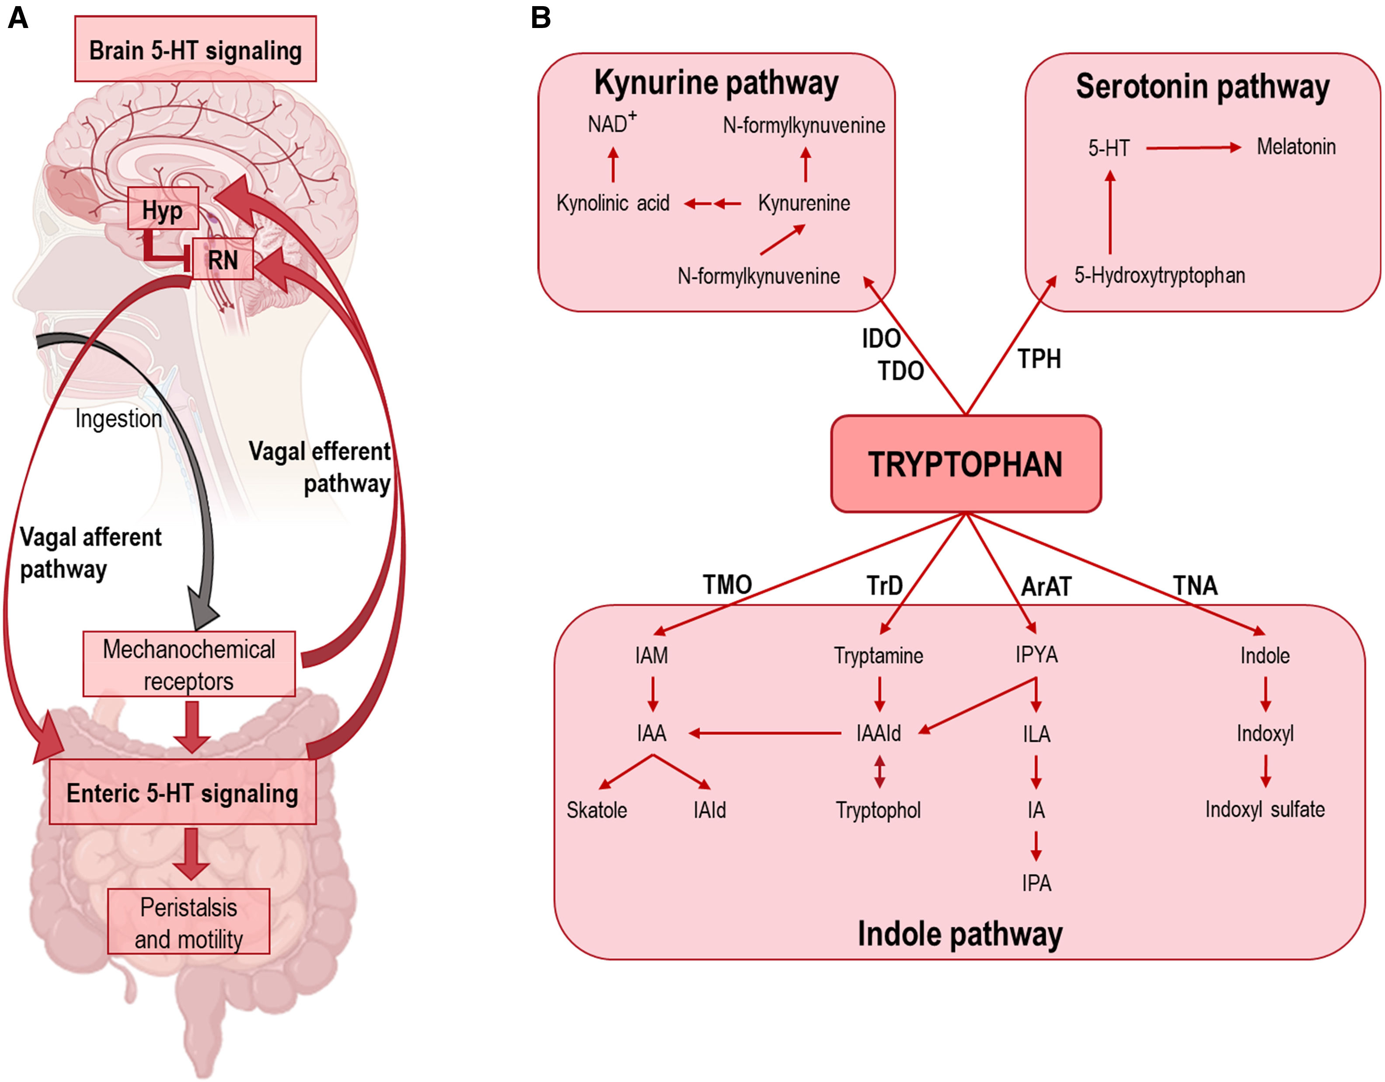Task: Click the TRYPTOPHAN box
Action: pos(966,464)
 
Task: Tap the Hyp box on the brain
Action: pos(163,208)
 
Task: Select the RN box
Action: pos(223,259)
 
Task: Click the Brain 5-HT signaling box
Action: pos(195,49)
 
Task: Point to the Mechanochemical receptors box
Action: pos(189,664)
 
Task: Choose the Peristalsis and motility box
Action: pos(188,921)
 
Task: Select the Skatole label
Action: pos(597,810)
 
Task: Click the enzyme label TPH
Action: pos(1040,359)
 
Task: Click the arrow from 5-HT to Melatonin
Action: pos(1193,148)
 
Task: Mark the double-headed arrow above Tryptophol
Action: pos(879,771)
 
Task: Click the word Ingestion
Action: pos(119,419)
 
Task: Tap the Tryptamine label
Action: pos(878,655)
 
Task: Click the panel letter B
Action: pos(540,18)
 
